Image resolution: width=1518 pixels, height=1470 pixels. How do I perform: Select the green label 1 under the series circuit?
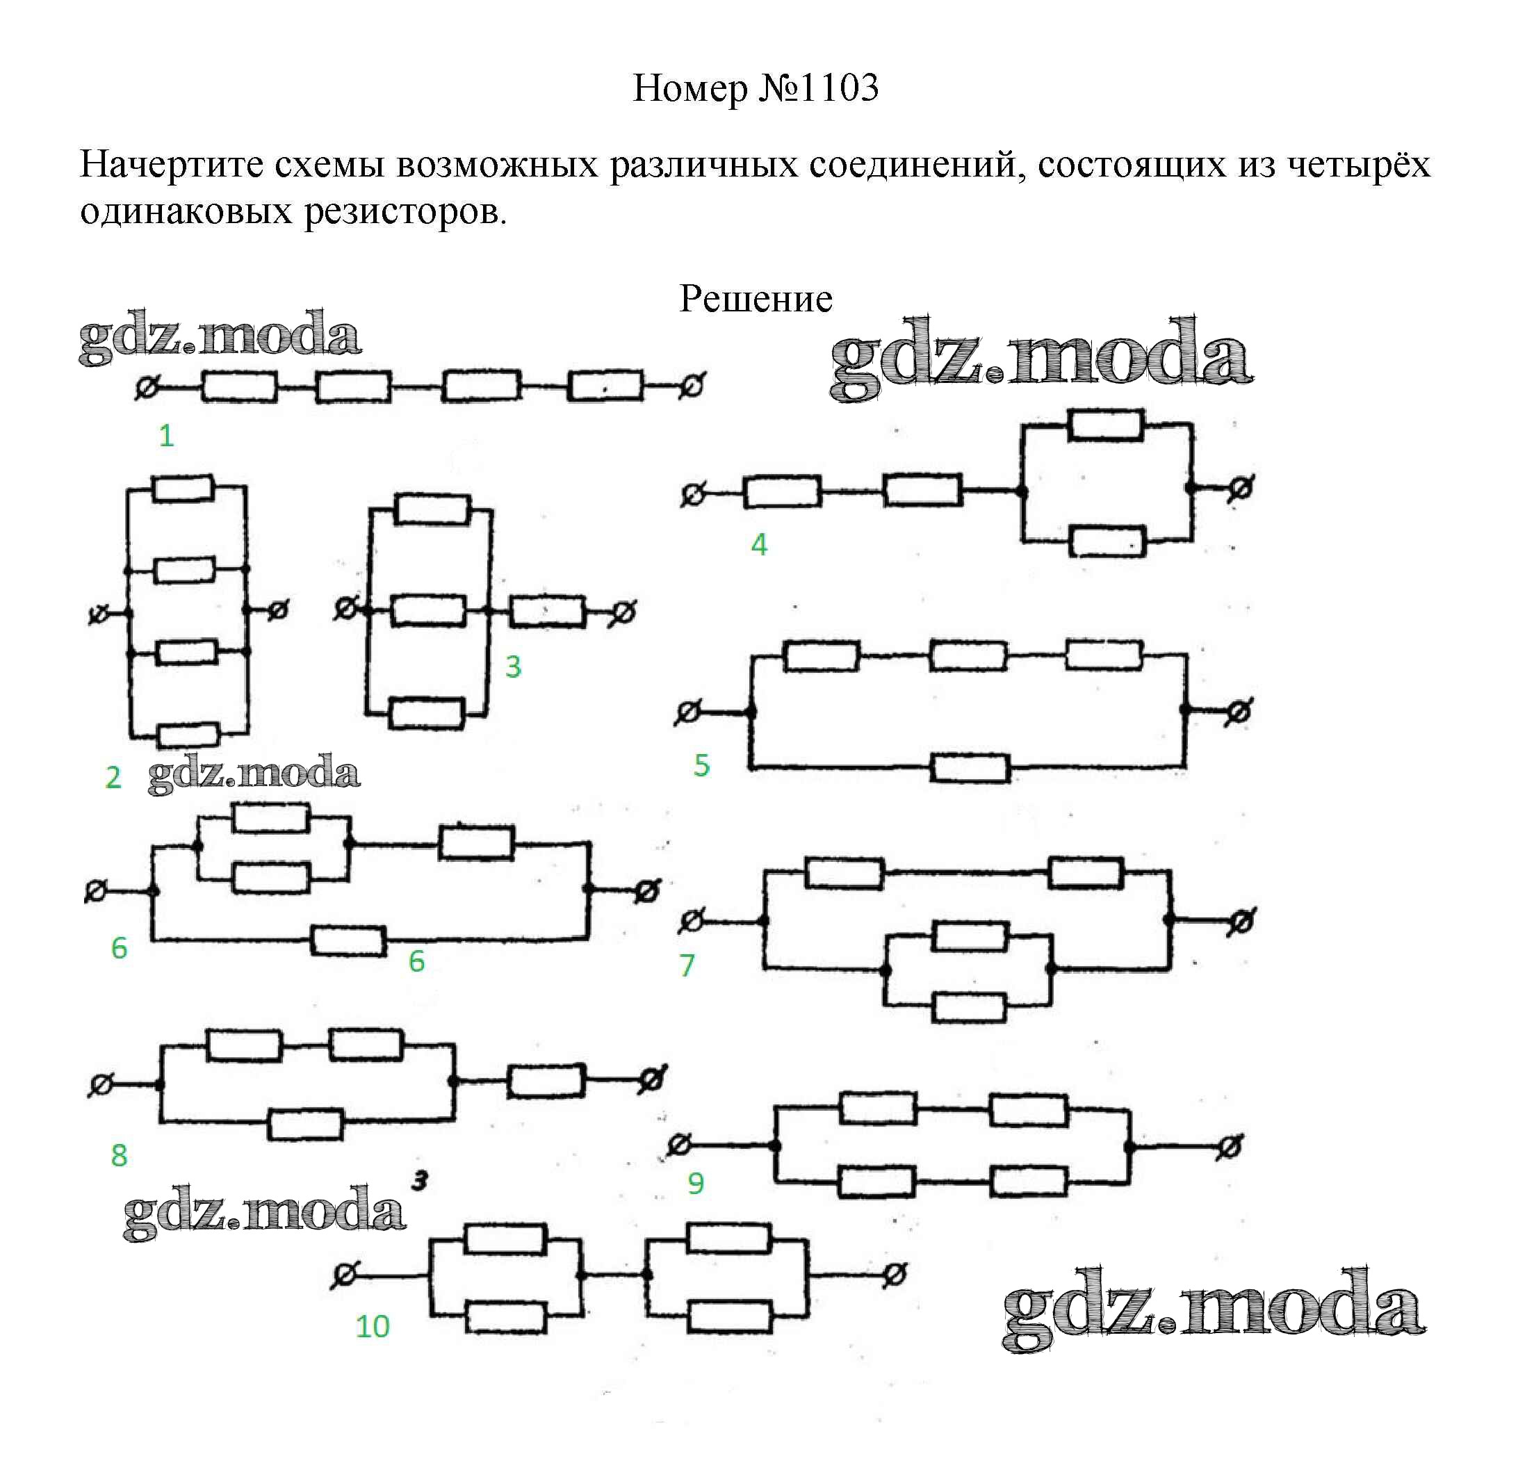(165, 436)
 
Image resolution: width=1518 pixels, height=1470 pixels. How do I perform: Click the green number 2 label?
(113, 778)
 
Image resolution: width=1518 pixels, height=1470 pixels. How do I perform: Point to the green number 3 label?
(513, 667)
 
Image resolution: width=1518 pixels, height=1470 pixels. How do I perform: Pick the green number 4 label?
(759, 545)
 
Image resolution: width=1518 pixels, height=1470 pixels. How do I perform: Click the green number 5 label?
(701, 766)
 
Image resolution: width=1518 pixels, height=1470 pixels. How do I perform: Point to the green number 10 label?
(372, 1327)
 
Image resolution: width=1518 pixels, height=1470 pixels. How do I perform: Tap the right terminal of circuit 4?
(1240, 489)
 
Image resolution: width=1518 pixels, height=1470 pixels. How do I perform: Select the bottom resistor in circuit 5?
(970, 768)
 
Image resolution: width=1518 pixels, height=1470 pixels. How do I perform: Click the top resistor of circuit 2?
(183, 489)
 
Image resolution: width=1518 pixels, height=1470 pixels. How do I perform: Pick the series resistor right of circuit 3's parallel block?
(547, 612)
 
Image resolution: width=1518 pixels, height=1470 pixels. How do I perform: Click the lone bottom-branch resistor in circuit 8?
(305, 1125)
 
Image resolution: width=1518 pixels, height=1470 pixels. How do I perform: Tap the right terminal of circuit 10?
(895, 1274)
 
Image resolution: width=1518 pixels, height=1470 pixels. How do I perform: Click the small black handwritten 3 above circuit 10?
(420, 1181)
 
